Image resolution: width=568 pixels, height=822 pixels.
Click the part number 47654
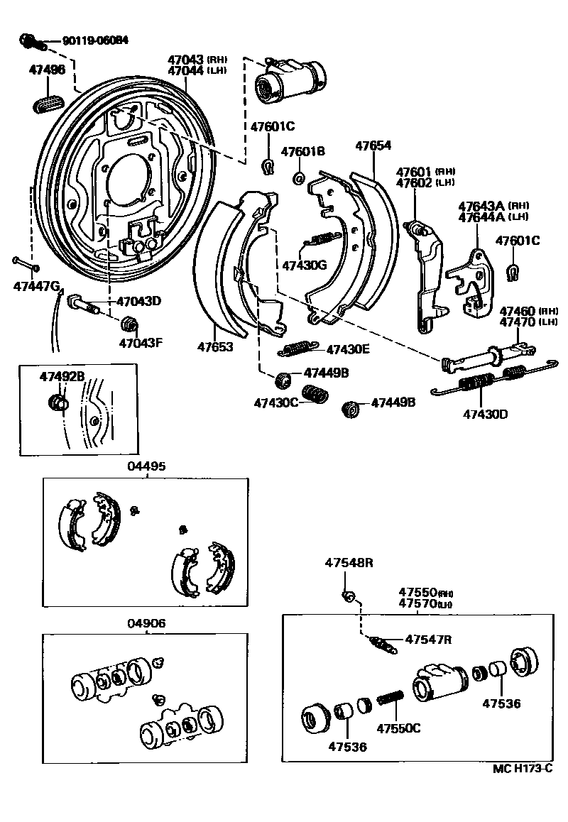point(373,146)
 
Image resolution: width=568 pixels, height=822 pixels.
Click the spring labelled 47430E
point(294,348)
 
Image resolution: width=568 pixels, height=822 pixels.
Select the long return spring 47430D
point(490,381)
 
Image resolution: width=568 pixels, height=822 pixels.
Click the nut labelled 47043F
point(129,324)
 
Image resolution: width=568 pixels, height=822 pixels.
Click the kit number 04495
point(146,466)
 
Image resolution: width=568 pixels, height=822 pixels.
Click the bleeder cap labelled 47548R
point(347,594)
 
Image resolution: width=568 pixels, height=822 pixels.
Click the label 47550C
point(398,728)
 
